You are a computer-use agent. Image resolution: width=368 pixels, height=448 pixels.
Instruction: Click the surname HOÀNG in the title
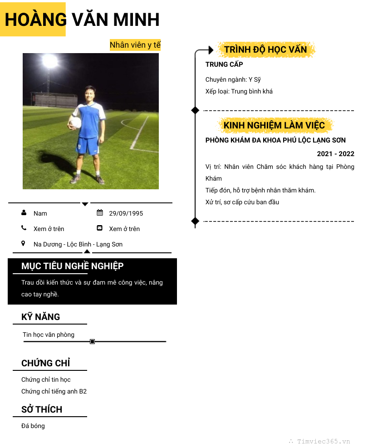coord(35,20)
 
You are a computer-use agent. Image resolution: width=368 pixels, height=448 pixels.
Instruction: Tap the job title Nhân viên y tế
coord(135,45)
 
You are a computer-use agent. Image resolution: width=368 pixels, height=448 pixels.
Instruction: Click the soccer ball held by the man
coord(75,123)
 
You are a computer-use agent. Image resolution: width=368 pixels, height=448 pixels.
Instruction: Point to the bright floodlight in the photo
coord(49,60)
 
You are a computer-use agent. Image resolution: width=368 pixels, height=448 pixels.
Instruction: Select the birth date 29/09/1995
coord(126,213)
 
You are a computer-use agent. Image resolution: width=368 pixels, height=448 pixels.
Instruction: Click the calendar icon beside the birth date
coord(100,212)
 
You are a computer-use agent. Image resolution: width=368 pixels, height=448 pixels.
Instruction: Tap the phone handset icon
coord(24,228)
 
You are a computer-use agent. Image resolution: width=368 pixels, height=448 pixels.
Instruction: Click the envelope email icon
coord(100,228)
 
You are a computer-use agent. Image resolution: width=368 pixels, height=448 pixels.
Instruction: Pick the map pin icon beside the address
coord(24,244)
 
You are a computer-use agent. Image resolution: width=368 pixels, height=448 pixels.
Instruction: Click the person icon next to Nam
coord(24,212)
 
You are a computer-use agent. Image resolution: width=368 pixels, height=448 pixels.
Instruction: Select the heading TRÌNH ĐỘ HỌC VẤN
coord(265,49)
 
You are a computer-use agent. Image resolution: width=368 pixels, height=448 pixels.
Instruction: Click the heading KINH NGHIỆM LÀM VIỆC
coord(274,125)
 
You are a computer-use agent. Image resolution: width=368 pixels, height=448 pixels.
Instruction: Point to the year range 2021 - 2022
coord(335,154)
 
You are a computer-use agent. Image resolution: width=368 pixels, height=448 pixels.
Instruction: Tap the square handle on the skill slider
coord(92,341)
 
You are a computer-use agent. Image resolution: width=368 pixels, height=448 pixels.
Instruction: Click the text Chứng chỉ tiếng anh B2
coord(54,391)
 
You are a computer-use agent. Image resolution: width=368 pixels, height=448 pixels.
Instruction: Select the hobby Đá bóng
coord(33,426)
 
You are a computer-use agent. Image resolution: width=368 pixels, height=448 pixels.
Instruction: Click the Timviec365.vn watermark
coord(323,441)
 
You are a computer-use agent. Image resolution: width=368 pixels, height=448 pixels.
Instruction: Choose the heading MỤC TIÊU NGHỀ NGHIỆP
coord(72,266)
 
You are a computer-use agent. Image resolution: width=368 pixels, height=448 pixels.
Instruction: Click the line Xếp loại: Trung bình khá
coord(239,91)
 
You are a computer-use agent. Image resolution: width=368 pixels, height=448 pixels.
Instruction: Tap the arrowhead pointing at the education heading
coord(211,50)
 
